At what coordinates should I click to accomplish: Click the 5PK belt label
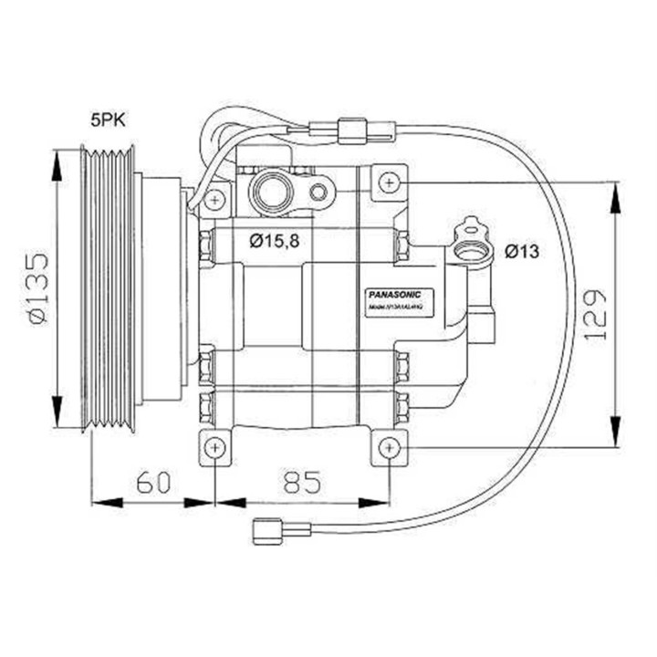109,119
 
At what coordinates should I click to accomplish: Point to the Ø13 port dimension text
521,250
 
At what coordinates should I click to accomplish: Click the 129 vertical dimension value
594,316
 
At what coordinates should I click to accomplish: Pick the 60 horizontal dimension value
152,482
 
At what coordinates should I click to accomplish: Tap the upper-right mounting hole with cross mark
390,182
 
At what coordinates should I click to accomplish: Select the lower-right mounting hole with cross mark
390,447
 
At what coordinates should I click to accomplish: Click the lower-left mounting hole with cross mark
214,447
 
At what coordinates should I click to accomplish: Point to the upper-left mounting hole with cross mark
215,198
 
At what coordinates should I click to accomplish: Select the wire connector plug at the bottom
267,529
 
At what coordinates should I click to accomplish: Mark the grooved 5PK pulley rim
108,288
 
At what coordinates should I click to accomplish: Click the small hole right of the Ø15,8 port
318,192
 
